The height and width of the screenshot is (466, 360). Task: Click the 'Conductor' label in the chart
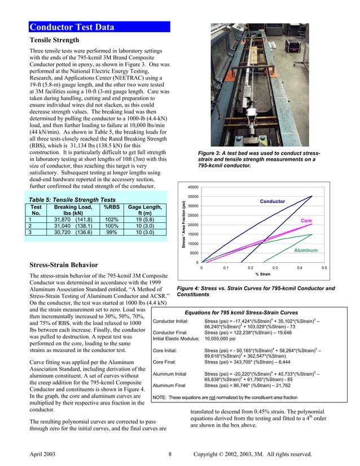click(273, 201)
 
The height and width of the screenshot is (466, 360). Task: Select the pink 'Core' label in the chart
click(306, 220)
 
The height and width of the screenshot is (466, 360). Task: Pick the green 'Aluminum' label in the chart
click(306, 250)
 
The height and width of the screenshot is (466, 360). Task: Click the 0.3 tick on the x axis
click(275, 269)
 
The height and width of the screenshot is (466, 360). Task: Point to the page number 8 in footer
click(170, 454)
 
